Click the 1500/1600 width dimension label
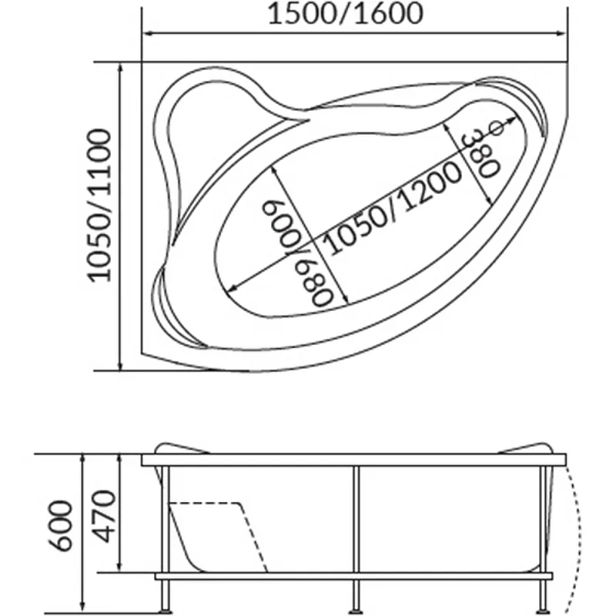point(345,14)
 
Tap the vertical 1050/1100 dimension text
point(99,205)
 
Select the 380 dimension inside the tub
point(480,155)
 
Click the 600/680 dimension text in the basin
point(299,254)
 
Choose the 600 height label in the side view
point(61,526)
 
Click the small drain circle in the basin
point(497,128)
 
